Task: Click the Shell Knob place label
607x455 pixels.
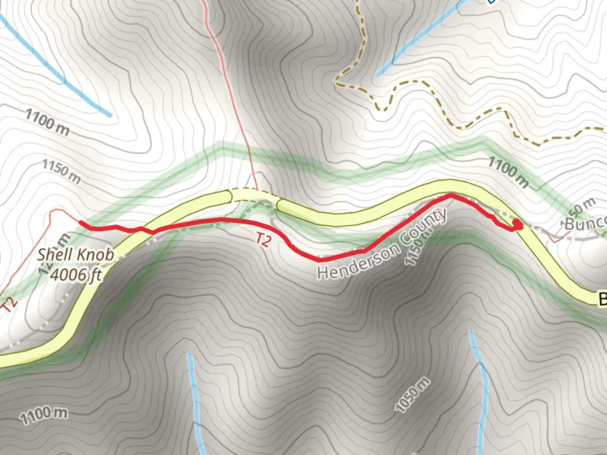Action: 75,255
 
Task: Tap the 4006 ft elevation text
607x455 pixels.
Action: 76,274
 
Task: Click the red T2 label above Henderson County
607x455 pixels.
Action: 263,240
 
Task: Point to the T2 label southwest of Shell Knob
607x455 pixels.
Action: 11,305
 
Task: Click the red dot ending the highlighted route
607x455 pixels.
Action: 518,226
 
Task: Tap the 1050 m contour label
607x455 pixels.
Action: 413,394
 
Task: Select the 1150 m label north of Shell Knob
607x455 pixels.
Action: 62,171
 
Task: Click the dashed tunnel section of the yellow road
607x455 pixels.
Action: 253,195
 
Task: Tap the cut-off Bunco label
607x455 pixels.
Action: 585,223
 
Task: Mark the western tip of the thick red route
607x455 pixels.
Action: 81,222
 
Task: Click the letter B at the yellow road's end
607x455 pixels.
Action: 602,300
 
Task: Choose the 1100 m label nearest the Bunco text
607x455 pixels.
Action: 508,171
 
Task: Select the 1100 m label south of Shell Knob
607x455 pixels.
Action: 44,415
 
